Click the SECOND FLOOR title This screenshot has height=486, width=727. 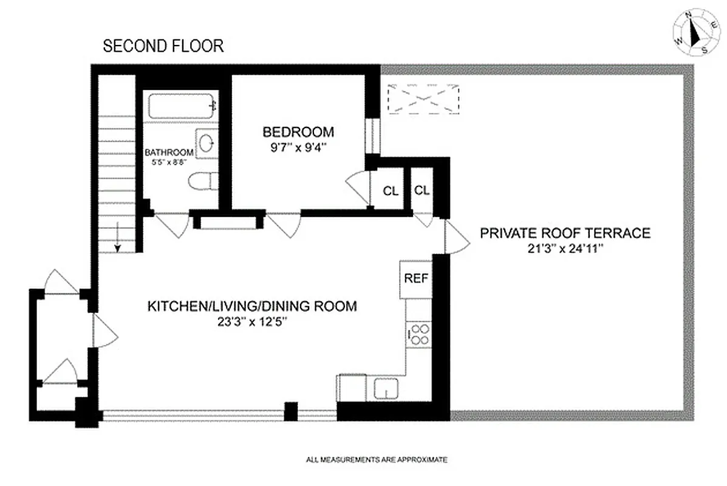163,46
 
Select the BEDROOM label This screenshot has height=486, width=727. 298,132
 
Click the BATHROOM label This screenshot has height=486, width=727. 169,152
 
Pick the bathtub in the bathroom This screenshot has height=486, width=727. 182,106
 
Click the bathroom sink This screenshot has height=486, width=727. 206,143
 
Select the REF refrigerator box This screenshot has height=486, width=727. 417,279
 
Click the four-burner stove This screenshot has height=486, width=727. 418,335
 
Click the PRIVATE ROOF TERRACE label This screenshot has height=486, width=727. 565,233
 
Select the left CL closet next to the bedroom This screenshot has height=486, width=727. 390,191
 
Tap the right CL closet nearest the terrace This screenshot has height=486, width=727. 422,190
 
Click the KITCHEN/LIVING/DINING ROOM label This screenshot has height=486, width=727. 252,306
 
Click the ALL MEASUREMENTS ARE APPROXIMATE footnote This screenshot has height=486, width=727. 377,460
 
